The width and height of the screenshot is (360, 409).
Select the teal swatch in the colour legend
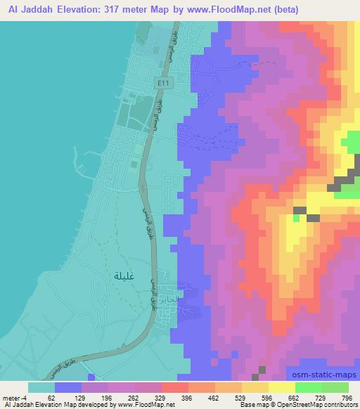[x=41, y=387]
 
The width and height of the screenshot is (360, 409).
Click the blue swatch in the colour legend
[x=67, y=387]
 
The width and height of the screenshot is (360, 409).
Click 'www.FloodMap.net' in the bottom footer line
[x=146, y=405]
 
